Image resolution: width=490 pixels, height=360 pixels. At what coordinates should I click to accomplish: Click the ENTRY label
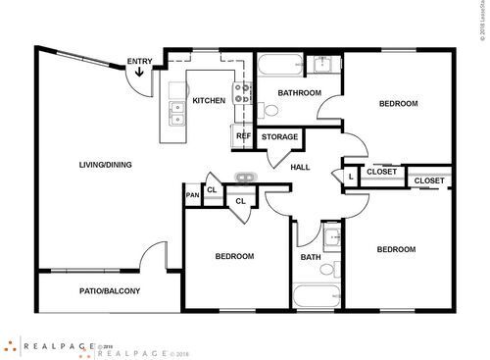click(139, 62)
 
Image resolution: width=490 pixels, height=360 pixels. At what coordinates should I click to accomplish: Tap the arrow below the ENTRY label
click(139, 73)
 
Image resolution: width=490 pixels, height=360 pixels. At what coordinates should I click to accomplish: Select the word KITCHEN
click(209, 101)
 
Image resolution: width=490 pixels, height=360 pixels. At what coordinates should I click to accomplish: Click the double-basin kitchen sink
click(176, 115)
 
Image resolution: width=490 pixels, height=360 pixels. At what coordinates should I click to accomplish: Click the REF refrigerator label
click(243, 136)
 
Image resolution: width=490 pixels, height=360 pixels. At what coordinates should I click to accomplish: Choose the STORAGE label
click(279, 137)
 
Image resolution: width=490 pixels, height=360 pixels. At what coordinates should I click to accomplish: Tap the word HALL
click(301, 167)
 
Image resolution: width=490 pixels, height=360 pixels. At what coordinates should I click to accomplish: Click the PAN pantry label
click(192, 195)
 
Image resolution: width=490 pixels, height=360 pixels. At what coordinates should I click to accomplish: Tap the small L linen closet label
click(350, 177)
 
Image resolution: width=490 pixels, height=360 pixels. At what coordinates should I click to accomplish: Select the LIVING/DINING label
click(105, 165)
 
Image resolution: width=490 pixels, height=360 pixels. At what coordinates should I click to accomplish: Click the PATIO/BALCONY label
click(110, 291)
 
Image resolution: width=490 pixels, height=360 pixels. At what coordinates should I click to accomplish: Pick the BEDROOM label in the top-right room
click(399, 104)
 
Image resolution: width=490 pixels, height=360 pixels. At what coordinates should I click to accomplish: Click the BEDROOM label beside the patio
click(234, 256)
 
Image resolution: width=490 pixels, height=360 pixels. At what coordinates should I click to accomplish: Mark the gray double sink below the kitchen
click(245, 177)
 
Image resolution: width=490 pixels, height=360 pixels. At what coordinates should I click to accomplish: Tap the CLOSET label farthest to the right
click(429, 181)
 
